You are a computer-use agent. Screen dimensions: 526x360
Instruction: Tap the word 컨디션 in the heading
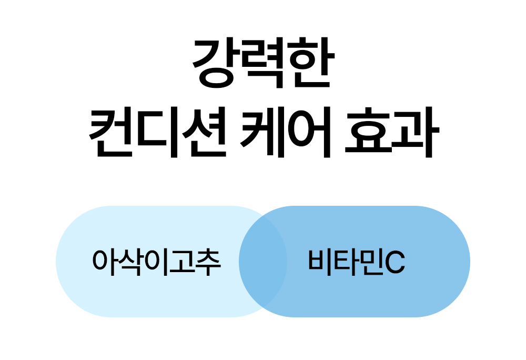158,132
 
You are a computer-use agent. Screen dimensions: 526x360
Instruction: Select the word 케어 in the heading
286,132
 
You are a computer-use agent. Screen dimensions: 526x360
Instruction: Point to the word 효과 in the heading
392,132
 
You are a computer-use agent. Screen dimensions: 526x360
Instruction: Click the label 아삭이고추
157,262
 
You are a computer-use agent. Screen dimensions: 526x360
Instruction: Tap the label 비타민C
357,262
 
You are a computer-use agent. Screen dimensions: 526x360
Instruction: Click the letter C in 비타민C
395,262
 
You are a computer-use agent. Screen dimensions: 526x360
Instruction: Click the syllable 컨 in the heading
110,132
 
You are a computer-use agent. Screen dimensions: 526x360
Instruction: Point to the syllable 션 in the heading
205,132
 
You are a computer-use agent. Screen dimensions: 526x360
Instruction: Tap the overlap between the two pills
263,262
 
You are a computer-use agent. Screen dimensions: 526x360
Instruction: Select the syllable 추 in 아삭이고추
208,262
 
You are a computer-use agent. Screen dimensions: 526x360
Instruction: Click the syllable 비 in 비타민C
320,262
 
